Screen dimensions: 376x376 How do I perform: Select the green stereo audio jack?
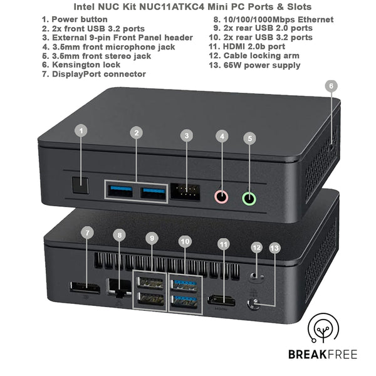pyautogui.click(x=249, y=199)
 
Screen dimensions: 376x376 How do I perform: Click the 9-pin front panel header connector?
pyautogui.click(x=186, y=192)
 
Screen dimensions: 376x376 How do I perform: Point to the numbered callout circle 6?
pyautogui.click(x=332, y=86)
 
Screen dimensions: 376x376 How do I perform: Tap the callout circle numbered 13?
pyautogui.click(x=274, y=248)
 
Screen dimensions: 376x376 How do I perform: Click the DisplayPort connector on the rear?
pyautogui.click(x=85, y=289)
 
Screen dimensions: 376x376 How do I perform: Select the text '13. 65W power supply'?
pyautogui.click(x=256, y=65)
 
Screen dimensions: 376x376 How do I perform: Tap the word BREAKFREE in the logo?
pyautogui.click(x=323, y=355)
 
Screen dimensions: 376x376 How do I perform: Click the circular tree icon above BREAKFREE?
pyautogui.click(x=324, y=329)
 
